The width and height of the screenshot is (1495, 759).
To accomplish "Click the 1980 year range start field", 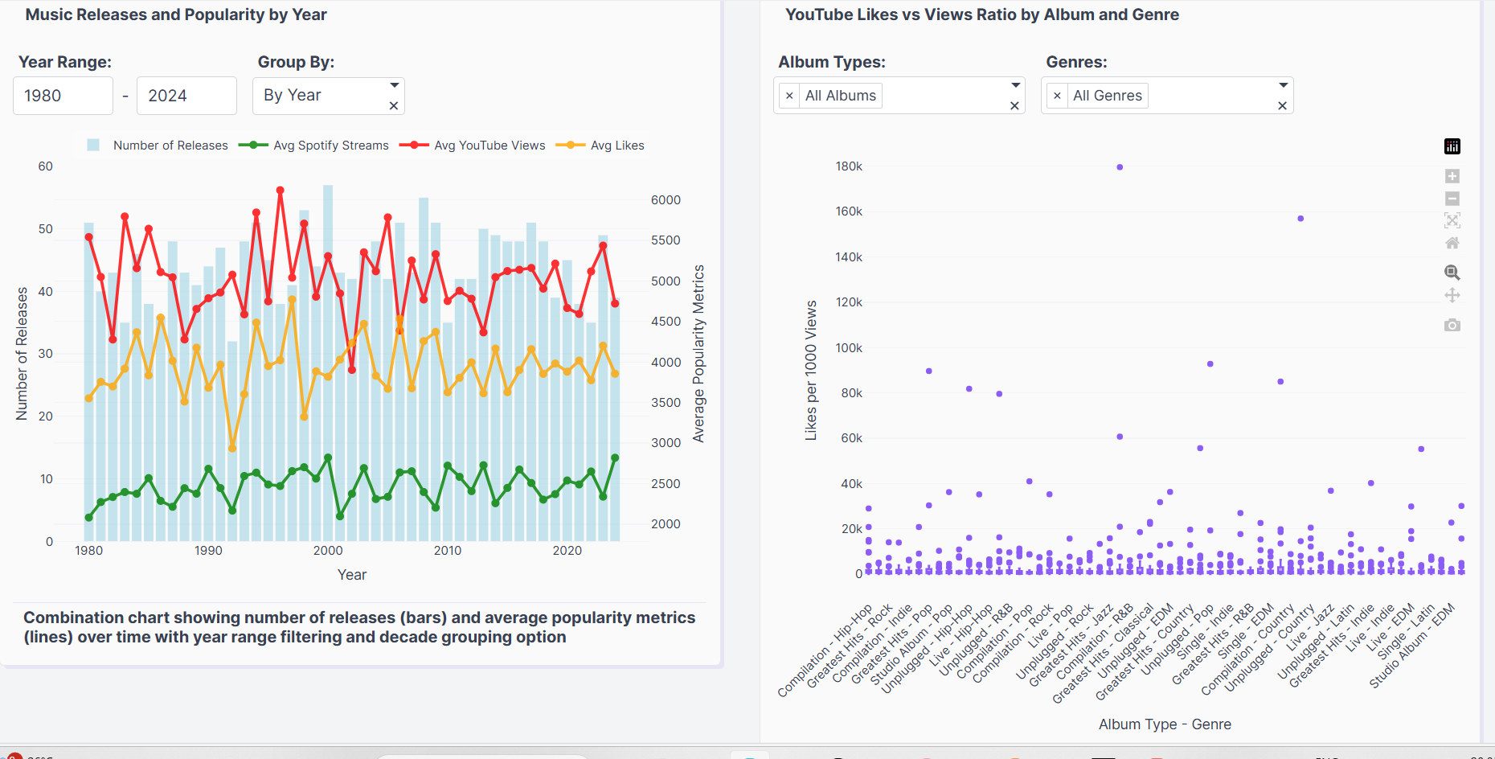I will pos(63,96).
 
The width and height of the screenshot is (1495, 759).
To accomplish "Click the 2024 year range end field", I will pos(186,96).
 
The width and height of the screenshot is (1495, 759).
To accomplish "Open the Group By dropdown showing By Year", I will pos(328,96).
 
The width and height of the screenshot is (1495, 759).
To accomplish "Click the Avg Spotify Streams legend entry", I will pos(330,146).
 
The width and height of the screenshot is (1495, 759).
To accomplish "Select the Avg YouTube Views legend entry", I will pos(489,146).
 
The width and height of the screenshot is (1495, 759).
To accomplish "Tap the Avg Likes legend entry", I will pos(616,146).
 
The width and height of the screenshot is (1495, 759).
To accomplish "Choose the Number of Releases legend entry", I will pos(170,146).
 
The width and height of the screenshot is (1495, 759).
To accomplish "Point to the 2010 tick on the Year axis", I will pos(448,551).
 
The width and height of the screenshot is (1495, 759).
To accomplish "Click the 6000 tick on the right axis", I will pos(666,200).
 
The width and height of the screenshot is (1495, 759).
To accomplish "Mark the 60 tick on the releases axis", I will pos(46,166).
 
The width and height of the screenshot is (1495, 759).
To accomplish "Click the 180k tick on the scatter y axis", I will pos(849,166).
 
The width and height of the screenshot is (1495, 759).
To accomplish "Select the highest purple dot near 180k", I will pos(1120,167).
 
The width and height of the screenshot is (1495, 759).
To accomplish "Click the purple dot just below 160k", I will pos(1300,219).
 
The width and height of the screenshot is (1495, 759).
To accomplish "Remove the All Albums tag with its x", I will pos(789,96).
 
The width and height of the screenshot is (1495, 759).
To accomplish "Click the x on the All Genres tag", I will pos(1057,96).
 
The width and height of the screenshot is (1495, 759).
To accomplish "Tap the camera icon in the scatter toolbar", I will pos(1452,325).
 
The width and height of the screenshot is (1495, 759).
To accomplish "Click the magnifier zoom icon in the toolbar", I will pos(1452,273).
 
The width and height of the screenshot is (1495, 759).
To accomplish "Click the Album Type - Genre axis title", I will pos(1165,724).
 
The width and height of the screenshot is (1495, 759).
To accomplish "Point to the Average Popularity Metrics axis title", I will pos(698,354).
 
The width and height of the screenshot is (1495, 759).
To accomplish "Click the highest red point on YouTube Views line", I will pos(281,191).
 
